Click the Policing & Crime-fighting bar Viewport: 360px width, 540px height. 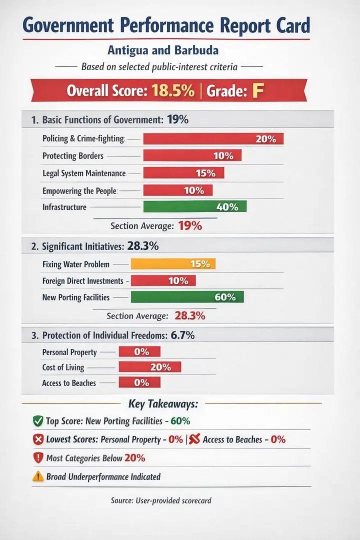coord(213,139)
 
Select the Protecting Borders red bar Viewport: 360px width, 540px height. coord(192,155)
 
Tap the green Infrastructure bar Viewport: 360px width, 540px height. coord(194,206)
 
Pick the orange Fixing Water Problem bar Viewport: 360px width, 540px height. coord(173,264)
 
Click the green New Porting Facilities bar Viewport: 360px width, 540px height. coord(187,297)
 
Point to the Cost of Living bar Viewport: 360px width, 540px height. coord(149,367)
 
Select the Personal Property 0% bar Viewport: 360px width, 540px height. coord(139,352)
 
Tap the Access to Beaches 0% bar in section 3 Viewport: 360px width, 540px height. coord(139,382)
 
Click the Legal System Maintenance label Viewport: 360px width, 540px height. coord(83,173)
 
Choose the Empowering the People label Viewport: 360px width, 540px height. coord(79,190)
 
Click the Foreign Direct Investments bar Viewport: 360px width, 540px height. coord(163,281)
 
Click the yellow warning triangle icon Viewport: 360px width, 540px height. coord(37,476)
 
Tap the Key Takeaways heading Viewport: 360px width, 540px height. coord(163,403)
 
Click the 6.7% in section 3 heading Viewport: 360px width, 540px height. coord(182,335)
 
